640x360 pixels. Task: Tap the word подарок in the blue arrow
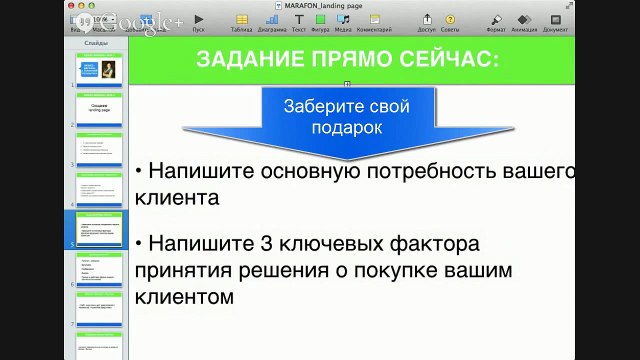[x=346, y=127]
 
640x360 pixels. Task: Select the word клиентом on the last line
[x=182, y=297]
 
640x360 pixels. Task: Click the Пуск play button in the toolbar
[x=199, y=20]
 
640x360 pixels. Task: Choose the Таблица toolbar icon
[x=240, y=21]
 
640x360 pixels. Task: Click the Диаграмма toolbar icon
[x=271, y=21]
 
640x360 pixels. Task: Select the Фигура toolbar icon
[x=320, y=21]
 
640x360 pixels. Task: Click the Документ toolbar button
[x=556, y=21]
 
